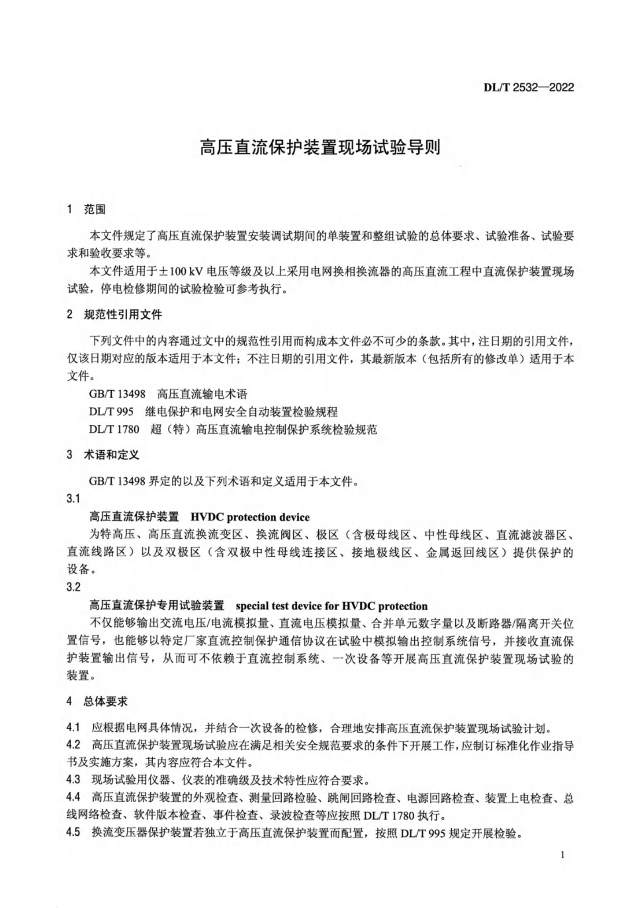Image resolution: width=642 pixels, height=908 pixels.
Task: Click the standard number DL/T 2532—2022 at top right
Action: coord(529,88)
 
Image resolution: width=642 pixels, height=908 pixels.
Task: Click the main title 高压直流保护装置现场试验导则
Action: coord(320,147)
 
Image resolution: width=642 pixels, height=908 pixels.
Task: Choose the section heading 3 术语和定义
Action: coord(103,455)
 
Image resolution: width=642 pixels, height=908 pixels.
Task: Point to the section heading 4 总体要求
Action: coord(97,702)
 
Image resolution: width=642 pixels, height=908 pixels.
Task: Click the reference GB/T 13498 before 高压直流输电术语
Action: coord(117,394)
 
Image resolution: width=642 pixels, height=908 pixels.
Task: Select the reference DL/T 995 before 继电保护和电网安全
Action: coord(111,412)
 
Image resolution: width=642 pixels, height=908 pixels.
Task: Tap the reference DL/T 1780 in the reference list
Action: coord(114,429)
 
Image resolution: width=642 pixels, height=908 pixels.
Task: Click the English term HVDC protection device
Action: coord(250,517)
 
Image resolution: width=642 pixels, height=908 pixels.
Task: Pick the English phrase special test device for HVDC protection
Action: coord(331,606)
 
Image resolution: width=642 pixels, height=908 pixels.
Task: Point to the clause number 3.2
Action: coord(73,587)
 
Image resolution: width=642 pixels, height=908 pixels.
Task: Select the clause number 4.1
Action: coord(73,728)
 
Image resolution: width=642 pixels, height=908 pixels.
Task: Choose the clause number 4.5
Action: coord(73,833)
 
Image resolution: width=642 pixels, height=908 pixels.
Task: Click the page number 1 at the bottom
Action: coord(562,855)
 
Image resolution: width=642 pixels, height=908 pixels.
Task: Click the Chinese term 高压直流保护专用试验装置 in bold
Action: coord(157,606)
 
